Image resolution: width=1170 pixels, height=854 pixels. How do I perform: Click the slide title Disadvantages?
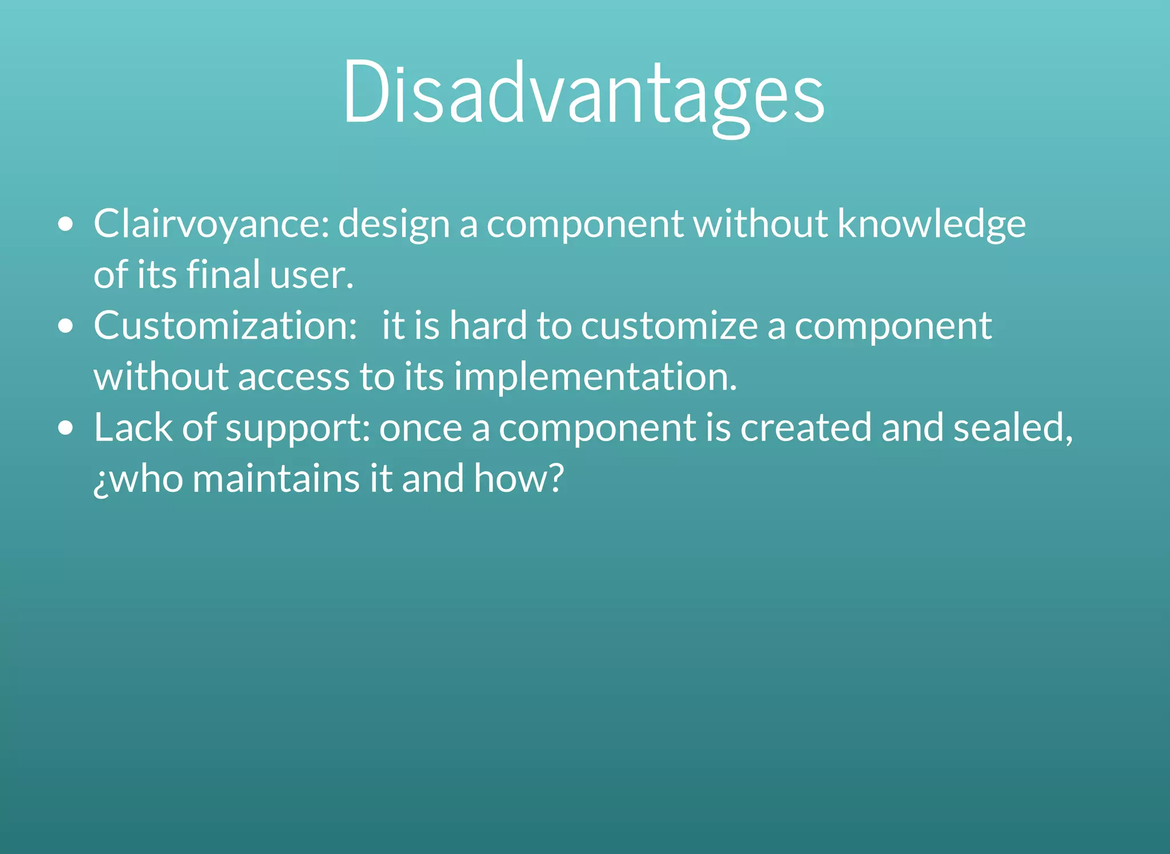pos(583,91)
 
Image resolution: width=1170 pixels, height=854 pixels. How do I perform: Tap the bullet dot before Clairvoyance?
pos(66,224)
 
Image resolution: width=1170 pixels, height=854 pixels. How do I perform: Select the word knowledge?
pos(931,224)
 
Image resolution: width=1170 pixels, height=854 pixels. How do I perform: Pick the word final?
pos(223,275)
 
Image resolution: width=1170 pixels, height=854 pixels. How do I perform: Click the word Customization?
pos(225,326)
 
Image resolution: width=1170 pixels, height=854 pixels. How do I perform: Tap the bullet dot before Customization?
pos(66,326)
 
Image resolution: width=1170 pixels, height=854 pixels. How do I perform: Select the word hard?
pos(487,326)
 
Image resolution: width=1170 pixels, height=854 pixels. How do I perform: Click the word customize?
pos(669,326)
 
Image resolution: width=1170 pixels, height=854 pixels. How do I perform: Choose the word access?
pos(293,377)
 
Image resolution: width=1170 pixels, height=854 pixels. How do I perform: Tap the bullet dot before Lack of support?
pos(66,428)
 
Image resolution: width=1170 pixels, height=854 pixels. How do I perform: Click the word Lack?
pos(133,428)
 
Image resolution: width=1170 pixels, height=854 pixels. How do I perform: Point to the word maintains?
pos(276,479)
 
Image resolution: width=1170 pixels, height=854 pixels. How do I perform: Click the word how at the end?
pos(518,479)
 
